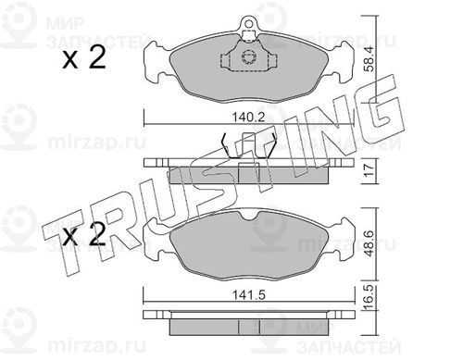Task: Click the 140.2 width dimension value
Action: tap(248, 118)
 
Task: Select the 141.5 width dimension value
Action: tap(249, 295)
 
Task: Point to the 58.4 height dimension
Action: tap(369, 59)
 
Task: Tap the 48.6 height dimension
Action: tap(369, 243)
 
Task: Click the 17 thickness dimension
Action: tap(369, 171)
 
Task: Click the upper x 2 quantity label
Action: tap(84, 57)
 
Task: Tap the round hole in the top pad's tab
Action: tap(248, 22)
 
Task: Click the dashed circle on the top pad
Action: tap(248, 57)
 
